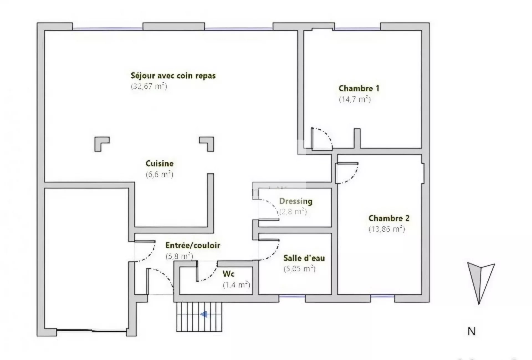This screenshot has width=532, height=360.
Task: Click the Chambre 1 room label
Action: [359, 88]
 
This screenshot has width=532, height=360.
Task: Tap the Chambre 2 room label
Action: [389, 218]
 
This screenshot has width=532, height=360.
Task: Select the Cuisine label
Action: [160, 163]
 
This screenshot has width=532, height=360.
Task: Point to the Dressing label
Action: [296, 201]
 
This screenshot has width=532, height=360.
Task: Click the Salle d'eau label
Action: [304, 258]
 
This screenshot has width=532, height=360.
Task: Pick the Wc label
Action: [229, 274]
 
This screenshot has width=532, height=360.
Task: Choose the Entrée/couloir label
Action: [193, 245]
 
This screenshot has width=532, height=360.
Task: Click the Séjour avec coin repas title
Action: [173, 76]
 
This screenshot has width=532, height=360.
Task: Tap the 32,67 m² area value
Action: [149, 86]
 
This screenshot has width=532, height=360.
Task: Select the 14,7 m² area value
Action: [355, 99]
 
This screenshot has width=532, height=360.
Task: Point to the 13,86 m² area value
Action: [387, 229]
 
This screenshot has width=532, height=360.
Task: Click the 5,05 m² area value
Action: [300, 269]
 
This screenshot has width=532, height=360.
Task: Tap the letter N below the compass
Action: [472, 331]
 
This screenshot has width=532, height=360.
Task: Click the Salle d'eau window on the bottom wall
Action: [292, 296]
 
